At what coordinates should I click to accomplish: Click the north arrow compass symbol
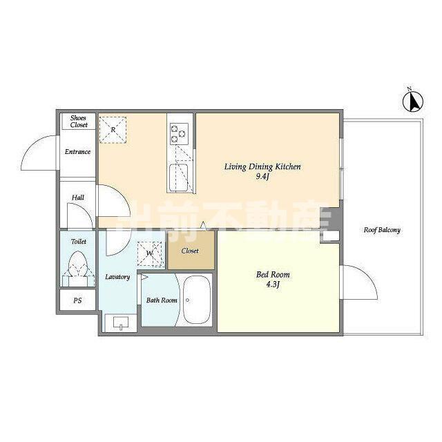pos(413,101)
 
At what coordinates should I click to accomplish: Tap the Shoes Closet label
pos(79,122)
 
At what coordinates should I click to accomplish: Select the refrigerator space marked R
pos(113,130)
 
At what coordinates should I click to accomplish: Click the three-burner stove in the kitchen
pos(179,133)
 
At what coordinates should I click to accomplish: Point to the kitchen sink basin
pos(179,177)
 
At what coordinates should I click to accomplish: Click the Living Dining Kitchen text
pos(262,166)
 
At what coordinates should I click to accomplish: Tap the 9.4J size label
pos(263,177)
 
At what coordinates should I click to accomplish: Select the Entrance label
pos(77,152)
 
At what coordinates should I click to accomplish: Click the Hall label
pos(78,198)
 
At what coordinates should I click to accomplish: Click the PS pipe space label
pos(77,300)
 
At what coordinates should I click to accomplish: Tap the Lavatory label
pos(117,277)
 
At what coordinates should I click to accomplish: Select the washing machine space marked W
pos(150,254)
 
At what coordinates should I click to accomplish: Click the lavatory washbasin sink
pos(121,323)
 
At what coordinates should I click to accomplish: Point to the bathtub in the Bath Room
pos(197,300)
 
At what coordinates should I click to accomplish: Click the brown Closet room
pos(191,250)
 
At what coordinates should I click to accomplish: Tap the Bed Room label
pos(273,275)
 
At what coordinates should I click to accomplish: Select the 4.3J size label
pos(273,285)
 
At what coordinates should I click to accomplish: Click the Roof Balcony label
pos(382,230)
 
